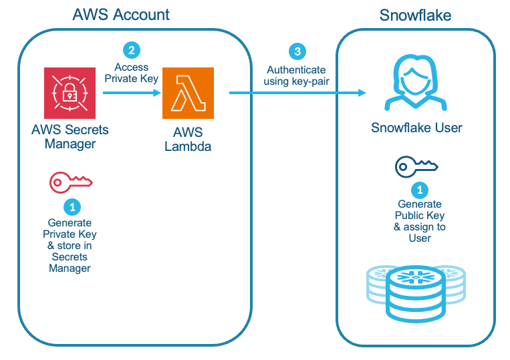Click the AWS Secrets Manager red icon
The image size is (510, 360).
[x=70, y=93]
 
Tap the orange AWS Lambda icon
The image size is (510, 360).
[x=188, y=93]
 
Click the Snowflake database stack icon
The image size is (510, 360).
[x=416, y=292]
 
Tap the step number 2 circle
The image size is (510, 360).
[x=131, y=49]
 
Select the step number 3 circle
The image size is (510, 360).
[x=296, y=51]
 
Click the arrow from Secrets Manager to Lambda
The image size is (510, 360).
[x=131, y=93]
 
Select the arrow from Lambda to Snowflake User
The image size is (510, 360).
[x=297, y=93]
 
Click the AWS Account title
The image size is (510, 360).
[x=121, y=14]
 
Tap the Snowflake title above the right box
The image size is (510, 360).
[x=416, y=15]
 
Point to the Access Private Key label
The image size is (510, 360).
[x=131, y=72]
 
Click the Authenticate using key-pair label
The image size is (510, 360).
[x=296, y=75]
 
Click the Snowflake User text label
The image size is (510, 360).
[x=416, y=128]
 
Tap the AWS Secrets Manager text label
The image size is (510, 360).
[x=70, y=137]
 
